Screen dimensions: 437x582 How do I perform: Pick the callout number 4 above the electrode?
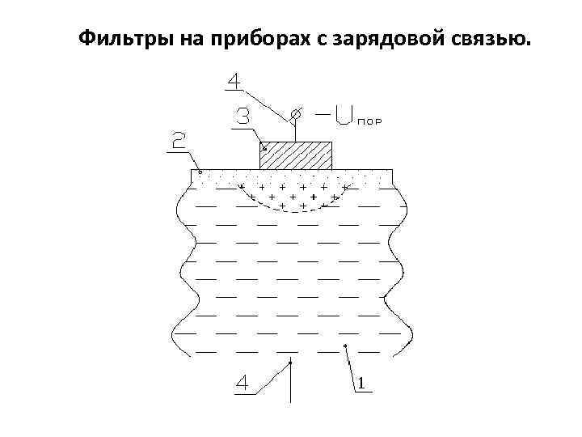click(233, 82)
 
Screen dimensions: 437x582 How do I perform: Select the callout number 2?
click(179, 143)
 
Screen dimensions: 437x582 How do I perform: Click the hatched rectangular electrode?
click(296, 155)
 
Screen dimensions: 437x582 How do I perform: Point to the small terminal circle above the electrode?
click(295, 114)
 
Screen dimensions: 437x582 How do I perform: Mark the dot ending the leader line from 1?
click(345, 346)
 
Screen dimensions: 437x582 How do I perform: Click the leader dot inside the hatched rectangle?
click(264, 149)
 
